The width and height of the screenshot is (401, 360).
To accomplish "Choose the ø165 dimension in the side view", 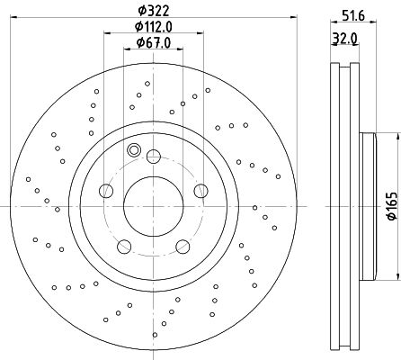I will [x=391, y=202].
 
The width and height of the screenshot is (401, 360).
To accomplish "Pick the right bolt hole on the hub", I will [x=199, y=190].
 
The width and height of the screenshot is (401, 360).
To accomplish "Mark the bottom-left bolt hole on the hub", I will [x=121, y=245].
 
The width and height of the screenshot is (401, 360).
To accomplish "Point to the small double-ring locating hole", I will [x=134, y=150].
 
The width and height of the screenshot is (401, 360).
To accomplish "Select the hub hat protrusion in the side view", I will [x=366, y=202].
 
